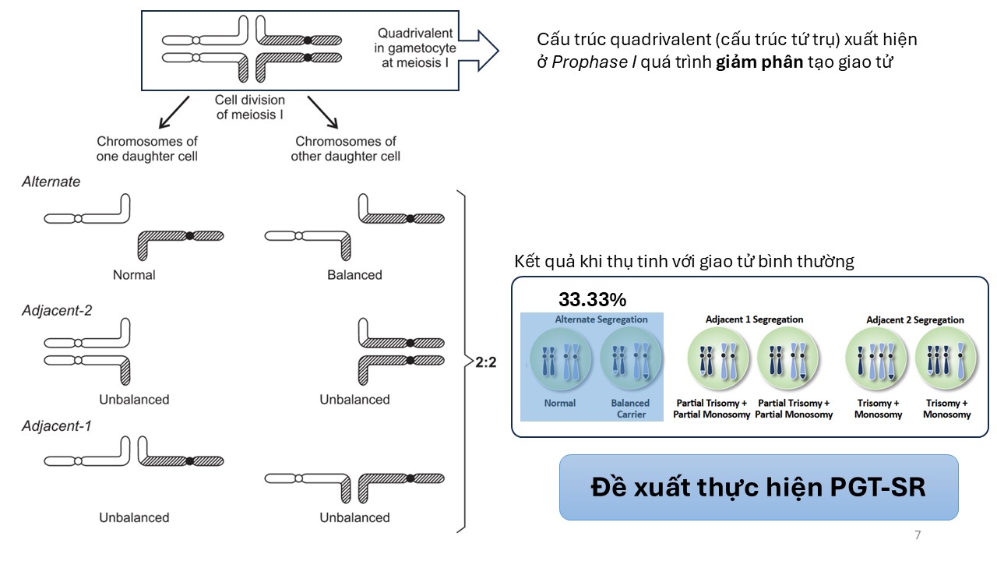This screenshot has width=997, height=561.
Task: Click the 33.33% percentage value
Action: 592,299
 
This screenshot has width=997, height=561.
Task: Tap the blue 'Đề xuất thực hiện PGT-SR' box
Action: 758,487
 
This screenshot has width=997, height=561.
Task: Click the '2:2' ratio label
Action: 486,362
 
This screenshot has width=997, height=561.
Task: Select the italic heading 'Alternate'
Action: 51,182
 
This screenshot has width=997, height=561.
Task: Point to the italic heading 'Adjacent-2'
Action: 57,310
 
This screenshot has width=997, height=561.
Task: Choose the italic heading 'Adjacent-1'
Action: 57,427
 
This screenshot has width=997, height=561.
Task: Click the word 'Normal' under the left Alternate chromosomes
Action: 134,274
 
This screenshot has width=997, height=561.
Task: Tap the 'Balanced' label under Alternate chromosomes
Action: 354,274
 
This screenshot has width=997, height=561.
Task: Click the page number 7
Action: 917,535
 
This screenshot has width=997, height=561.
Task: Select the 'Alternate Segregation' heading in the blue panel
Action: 601,319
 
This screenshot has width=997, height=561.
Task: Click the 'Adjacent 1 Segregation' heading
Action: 754,319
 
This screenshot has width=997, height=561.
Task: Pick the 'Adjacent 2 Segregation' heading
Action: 914,319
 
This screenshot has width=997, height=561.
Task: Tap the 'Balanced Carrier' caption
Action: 630,408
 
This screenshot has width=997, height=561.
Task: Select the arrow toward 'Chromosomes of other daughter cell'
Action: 322,112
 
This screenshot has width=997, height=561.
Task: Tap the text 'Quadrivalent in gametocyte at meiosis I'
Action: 414,47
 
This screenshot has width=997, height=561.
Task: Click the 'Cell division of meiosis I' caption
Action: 250,108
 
